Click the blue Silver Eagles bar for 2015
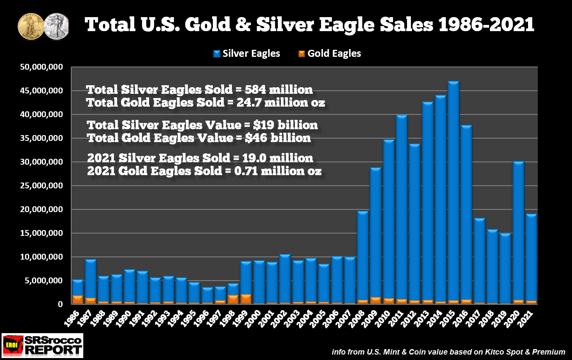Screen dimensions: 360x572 [453, 191]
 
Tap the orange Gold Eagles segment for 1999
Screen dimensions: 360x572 [246, 299]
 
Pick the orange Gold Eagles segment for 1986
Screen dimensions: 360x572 [77, 300]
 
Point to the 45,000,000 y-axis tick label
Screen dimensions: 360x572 [41, 91]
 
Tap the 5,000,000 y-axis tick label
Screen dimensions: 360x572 [44, 281]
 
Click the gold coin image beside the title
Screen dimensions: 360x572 [31, 26]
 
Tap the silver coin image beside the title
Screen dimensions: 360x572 [57, 26]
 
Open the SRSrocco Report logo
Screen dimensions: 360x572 [42, 345]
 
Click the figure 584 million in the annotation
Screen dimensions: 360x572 [279, 90]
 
